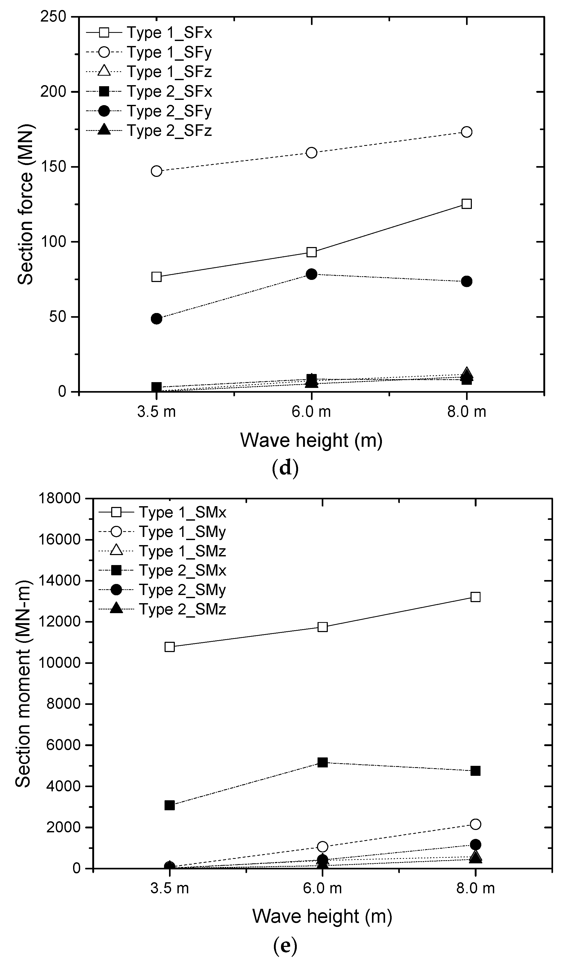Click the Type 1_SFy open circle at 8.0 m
(x=466, y=132)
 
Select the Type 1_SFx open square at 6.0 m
(x=311, y=252)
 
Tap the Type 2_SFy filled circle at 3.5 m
(x=156, y=318)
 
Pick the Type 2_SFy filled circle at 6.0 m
(x=311, y=274)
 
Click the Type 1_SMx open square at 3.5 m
(x=170, y=647)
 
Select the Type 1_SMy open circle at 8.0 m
(x=475, y=824)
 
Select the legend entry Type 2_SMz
(x=182, y=609)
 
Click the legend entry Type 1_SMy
(x=182, y=532)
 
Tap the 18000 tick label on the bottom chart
(x=60, y=499)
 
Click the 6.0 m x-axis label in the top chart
(x=311, y=412)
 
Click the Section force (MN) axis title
(x=26, y=204)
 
